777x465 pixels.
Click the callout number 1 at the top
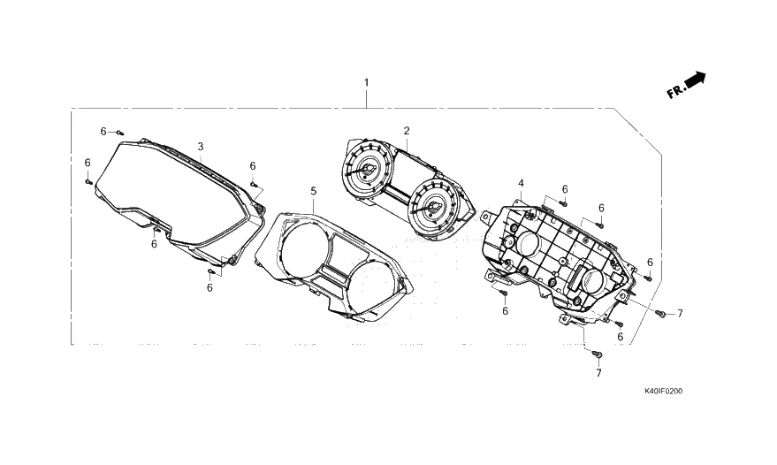point(366,82)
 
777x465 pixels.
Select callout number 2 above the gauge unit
point(407,131)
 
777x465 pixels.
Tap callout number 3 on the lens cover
point(200,147)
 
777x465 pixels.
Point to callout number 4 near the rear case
point(521,183)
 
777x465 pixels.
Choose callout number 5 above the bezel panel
point(313,191)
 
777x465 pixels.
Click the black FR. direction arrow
point(696,80)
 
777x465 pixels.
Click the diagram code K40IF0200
point(663,391)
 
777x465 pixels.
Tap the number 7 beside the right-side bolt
point(680,313)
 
